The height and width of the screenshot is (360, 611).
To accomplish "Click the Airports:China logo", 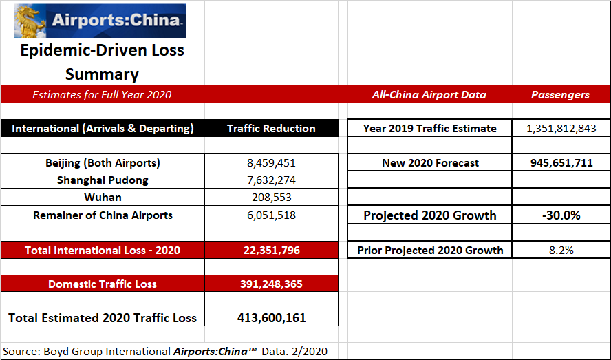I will coord(100,21).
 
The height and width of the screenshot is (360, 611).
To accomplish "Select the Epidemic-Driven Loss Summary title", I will coord(102,62).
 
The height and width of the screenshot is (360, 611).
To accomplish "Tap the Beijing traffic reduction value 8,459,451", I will coord(271,163).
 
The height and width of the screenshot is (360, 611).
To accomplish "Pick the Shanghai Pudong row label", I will coord(103,180).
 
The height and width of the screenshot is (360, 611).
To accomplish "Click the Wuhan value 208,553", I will coord(271,198).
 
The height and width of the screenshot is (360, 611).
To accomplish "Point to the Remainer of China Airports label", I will coord(103,215).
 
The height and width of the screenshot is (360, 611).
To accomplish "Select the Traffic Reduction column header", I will coord(271,129).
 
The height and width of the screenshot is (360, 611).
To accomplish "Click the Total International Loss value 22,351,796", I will coord(271,250).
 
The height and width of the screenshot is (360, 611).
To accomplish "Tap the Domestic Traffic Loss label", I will coord(103,284).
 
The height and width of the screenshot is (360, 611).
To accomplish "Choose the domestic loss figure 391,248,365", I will coord(271,284).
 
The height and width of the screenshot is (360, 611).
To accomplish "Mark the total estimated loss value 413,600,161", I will coord(271,317).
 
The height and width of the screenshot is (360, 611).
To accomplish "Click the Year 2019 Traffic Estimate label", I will coord(430,129).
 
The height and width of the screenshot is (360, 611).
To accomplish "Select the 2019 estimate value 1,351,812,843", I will coord(560,129).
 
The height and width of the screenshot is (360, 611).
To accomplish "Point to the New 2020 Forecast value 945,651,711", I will coord(560,163).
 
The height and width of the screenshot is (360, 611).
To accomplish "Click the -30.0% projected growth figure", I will coord(560,215).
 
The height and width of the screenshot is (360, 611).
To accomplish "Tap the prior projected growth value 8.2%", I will coord(560,250).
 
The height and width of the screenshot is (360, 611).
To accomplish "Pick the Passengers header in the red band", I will coord(560,95).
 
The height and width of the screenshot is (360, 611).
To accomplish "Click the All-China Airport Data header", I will coord(429,95).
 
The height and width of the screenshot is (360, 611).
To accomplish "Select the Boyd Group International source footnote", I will coord(165,351).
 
